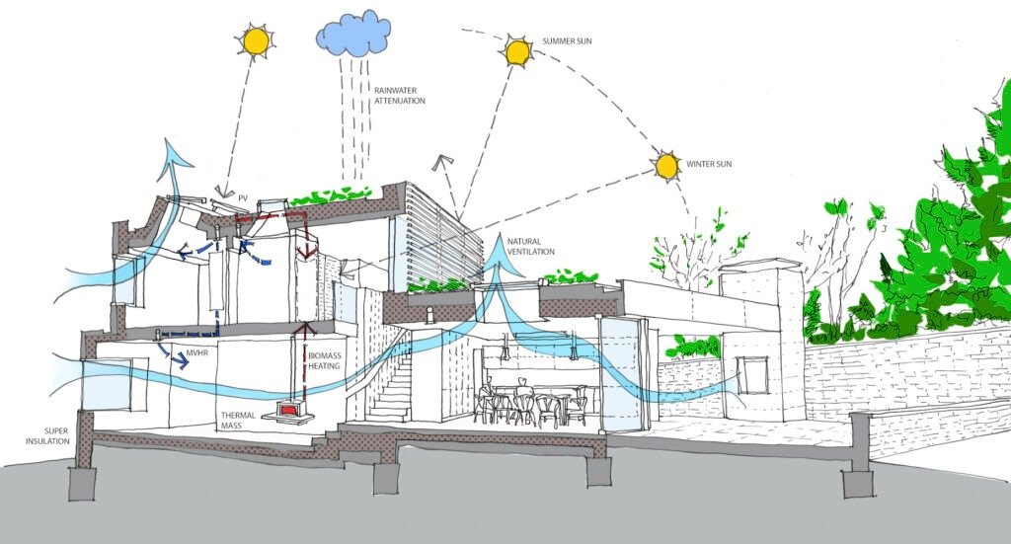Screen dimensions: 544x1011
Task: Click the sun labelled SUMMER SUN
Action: pyautogui.click(x=515, y=51)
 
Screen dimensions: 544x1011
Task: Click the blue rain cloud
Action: pyautogui.click(x=351, y=36)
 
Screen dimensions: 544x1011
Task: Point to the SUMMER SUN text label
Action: pyautogui.click(x=568, y=42)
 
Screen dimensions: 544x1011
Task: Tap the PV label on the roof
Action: pyautogui.click(x=242, y=198)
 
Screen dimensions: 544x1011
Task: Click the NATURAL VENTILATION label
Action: pyautogui.click(x=531, y=246)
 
